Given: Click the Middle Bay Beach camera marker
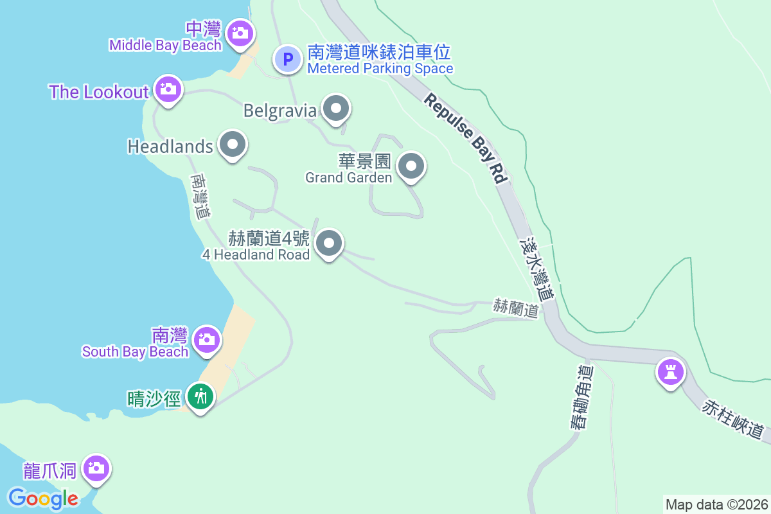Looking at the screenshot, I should click(240, 31).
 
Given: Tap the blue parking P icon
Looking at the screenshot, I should click(288, 60).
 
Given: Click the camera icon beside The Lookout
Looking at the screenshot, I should click(168, 89).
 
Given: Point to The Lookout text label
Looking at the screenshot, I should click(99, 92).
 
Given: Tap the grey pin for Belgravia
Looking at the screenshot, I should click(335, 109).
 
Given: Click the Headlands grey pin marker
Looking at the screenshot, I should click(232, 145).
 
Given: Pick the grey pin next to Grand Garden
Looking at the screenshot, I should click(411, 166).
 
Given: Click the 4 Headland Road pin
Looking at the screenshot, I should click(330, 244).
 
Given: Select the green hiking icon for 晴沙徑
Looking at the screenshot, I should click(200, 396).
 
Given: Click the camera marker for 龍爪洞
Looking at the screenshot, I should click(96, 468).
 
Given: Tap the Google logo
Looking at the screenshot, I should click(43, 498).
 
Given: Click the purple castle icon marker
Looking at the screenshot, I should click(669, 372).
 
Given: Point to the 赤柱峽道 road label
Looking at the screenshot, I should click(735, 419).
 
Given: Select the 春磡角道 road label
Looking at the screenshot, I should click(581, 397).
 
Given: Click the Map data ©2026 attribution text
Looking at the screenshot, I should click(716, 504).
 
